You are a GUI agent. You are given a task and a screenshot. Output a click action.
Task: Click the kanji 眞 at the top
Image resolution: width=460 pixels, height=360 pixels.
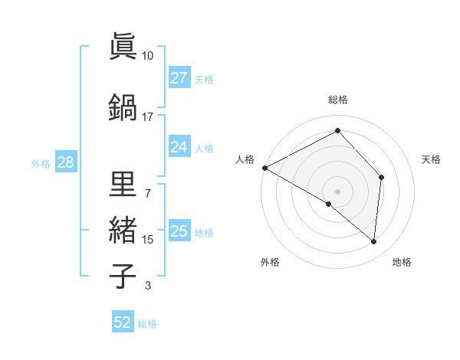[122, 47]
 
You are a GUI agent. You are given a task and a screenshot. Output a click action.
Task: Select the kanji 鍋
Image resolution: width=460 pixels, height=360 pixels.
[122, 107]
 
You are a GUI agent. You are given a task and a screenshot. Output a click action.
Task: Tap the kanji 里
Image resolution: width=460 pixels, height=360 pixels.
[122, 184]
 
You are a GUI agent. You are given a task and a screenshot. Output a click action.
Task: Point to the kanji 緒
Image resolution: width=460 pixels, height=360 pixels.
[122, 231]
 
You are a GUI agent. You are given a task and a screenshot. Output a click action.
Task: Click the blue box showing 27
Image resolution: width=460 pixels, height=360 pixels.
[179, 78]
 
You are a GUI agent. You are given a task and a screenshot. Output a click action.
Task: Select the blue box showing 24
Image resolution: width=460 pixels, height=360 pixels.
[179, 147]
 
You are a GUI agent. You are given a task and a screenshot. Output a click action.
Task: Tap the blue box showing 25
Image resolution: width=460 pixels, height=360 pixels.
[179, 231]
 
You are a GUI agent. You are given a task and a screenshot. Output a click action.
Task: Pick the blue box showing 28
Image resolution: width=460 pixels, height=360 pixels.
[65, 162]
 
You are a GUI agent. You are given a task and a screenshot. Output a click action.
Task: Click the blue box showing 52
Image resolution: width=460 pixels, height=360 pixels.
[123, 322]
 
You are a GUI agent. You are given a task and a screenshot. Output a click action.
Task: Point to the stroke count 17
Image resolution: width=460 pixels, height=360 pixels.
[147, 117]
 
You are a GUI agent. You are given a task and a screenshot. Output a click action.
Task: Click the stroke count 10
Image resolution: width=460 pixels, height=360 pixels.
[147, 56]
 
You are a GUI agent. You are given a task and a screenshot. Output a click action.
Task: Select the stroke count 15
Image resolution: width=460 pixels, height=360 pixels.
[147, 240]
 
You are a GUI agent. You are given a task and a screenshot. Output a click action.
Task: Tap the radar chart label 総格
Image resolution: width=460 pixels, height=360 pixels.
[337, 100]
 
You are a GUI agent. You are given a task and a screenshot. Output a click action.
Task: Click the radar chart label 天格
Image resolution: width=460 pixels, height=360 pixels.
[432, 159]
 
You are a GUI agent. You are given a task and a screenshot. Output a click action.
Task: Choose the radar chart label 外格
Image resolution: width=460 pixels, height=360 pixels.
[269, 263]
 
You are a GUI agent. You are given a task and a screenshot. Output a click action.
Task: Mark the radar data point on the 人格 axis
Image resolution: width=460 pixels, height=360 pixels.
[264, 168]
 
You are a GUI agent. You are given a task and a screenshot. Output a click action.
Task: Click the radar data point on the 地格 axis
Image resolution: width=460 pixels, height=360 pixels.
[373, 242]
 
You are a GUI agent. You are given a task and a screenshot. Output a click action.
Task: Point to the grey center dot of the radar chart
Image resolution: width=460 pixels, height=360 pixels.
[337, 191]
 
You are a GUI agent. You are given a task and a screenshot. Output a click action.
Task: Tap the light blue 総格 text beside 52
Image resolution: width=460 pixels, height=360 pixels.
[147, 324]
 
